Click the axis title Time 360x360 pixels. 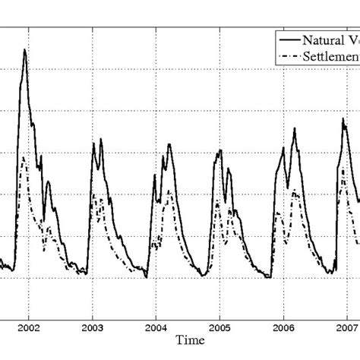pyautogui.click(x=187, y=343)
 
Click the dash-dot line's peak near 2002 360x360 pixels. pyautogui.click(x=24, y=157)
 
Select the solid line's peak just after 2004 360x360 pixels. pyautogui.click(x=169, y=144)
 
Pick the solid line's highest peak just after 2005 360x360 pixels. pyautogui.click(x=221, y=150)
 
